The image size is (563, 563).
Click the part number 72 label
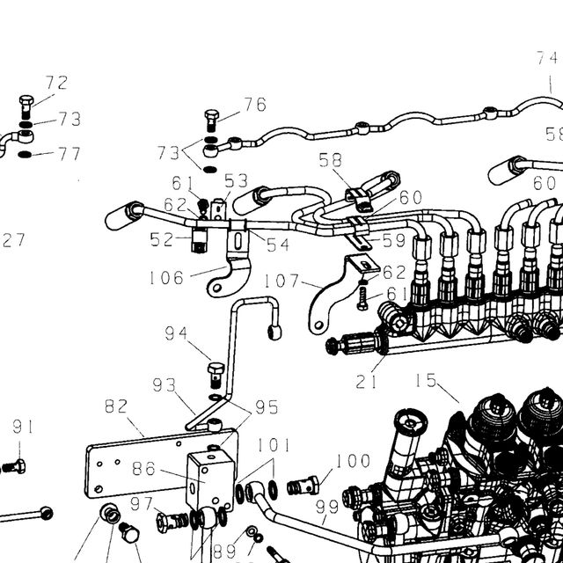click(56, 83)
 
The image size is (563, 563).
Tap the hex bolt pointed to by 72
click(26, 107)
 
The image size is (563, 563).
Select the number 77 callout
click(69, 154)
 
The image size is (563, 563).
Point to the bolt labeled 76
click(212, 121)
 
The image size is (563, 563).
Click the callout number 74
click(547, 58)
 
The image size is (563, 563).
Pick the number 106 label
click(166, 278)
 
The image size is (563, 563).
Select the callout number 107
click(281, 281)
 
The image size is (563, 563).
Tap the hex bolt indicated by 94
click(216, 376)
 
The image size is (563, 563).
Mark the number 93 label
click(165, 385)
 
